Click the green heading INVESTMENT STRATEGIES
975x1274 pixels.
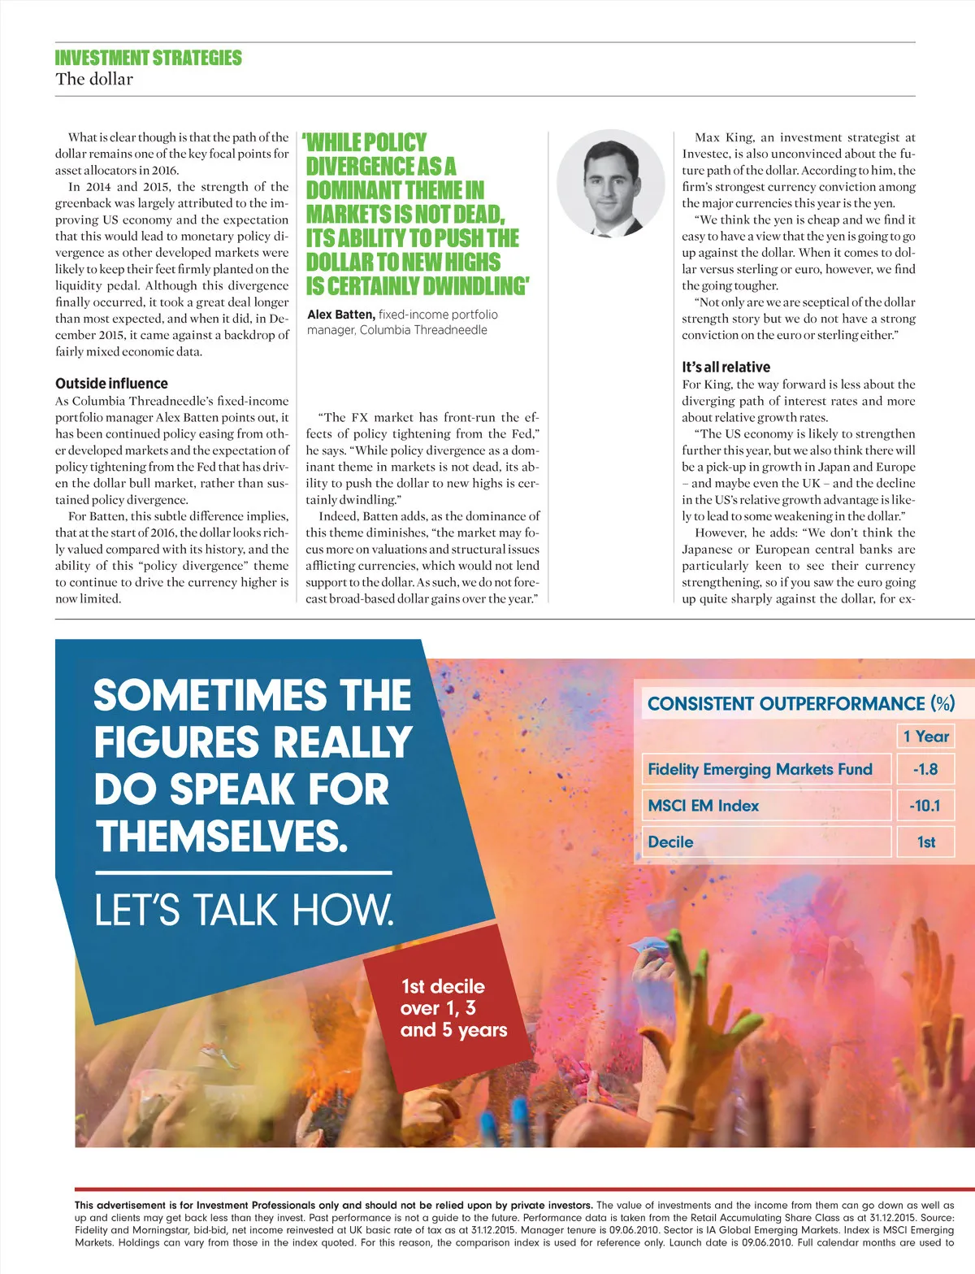(x=148, y=58)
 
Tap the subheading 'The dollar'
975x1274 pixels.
(x=94, y=79)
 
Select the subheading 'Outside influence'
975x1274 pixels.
(x=111, y=383)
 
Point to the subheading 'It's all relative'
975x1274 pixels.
(x=726, y=367)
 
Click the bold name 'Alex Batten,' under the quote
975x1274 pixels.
(x=341, y=315)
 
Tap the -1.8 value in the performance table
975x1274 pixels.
(x=925, y=769)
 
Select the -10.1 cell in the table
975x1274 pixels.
(x=925, y=806)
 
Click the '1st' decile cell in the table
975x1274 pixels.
(x=925, y=842)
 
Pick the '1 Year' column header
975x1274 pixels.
(x=925, y=737)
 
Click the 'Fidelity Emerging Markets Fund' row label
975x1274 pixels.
(x=760, y=769)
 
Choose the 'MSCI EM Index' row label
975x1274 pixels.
(x=703, y=806)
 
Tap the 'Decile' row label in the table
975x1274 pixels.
(x=670, y=842)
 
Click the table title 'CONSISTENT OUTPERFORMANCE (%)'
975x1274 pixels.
(x=800, y=703)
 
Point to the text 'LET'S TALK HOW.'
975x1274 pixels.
(x=244, y=910)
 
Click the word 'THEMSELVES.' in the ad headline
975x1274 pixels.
(x=221, y=836)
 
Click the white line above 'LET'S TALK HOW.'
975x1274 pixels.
(x=243, y=873)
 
